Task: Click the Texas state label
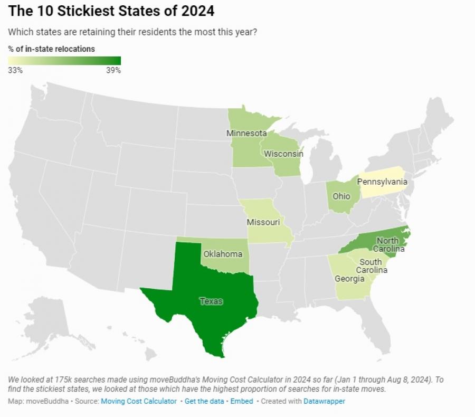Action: (x=211, y=301)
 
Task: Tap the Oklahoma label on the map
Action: (x=222, y=254)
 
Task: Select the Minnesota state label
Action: (x=246, y=133)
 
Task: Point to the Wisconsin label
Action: (x=283, y=154)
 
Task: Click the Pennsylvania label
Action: (x=382, y=182)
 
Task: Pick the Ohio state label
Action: (x=341, y=196)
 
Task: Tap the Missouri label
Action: (x=263, y=222)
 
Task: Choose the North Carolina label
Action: (x=387, y=245)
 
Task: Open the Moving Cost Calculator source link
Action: (x=139, y=401)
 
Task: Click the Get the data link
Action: (x=204, y=401)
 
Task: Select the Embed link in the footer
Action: (x=241, y=401)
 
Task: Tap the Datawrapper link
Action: (x=324, y=401)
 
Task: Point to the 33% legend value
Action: (x=15, y=71)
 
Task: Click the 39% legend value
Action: (x=113, y=71)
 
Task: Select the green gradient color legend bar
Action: (x=64, y=60)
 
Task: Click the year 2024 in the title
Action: (x=193, y=11)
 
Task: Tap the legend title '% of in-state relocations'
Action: (x=52, y=49)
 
